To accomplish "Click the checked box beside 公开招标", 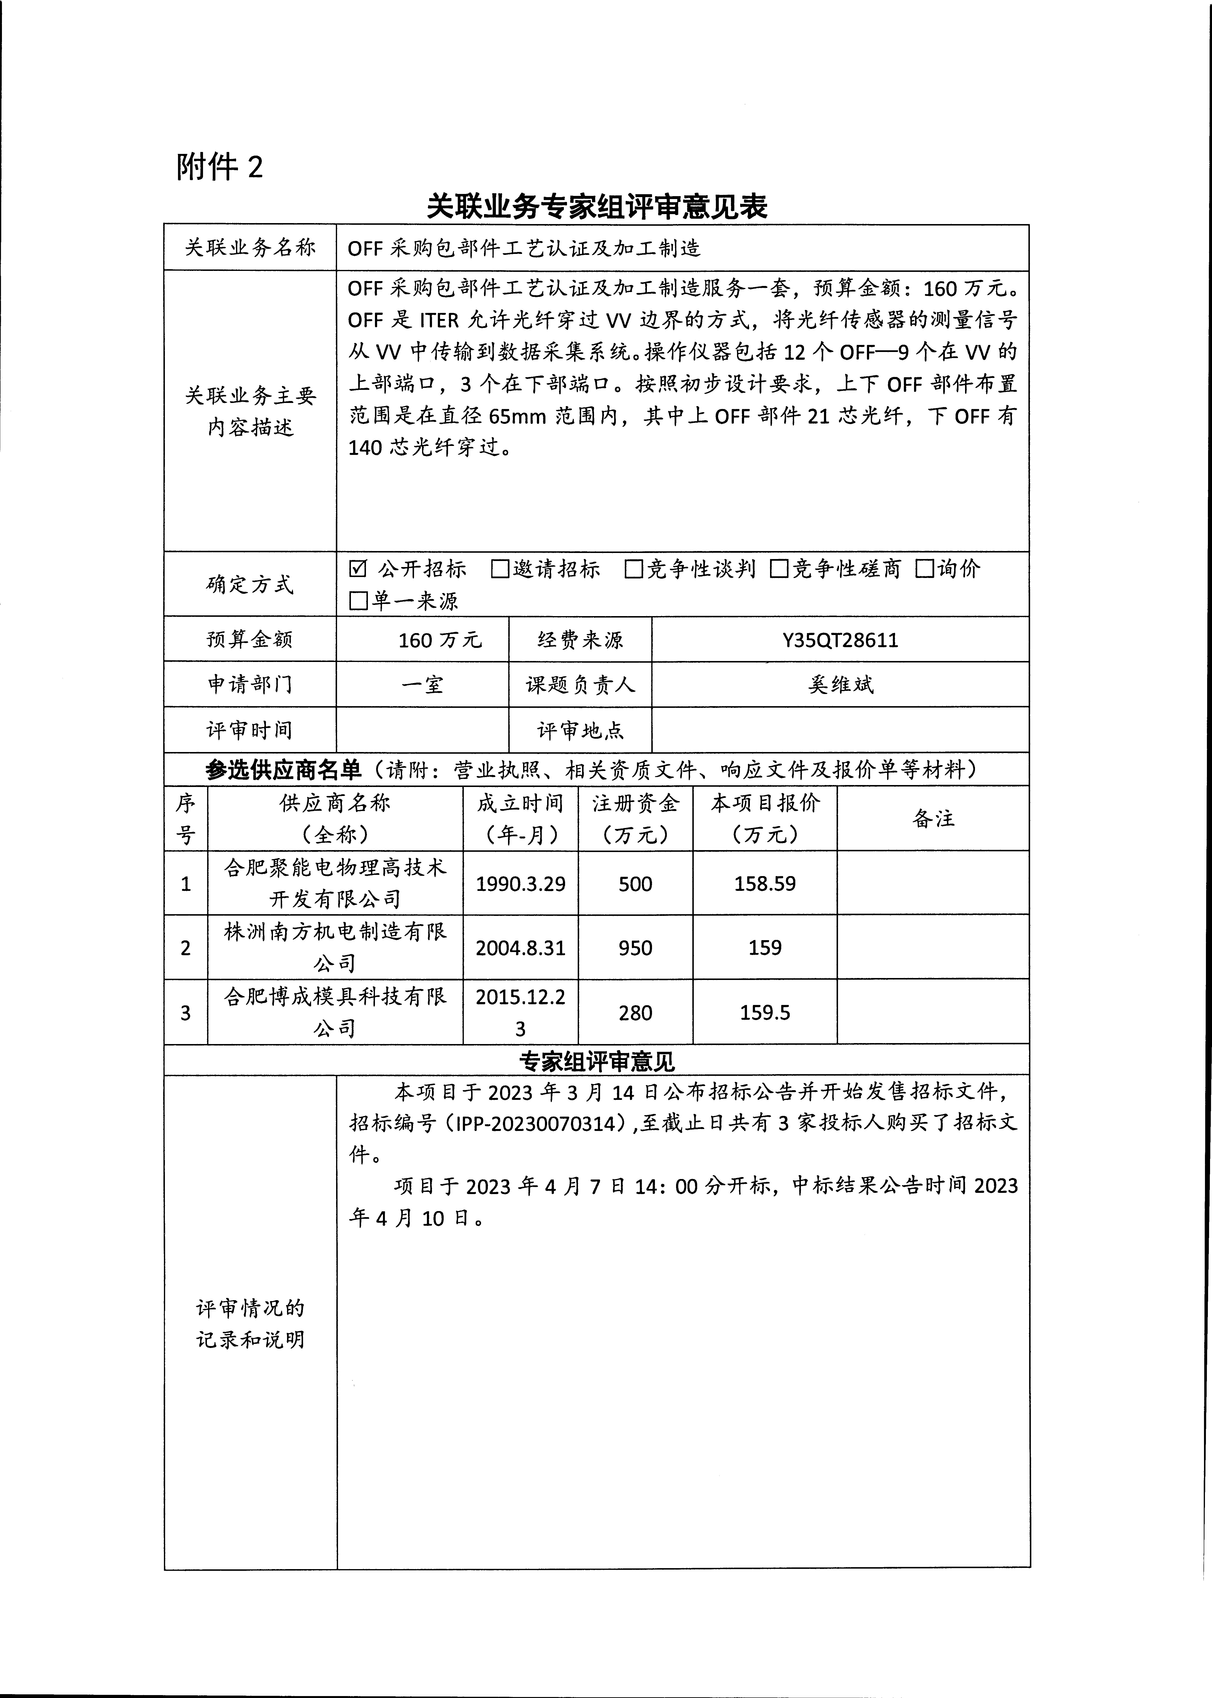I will pyautogui.click(x=358, y=569).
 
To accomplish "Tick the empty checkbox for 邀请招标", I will pyautogui.click(x=500, y=569).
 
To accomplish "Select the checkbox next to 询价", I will pyautogui.click(x=925, y=569).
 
